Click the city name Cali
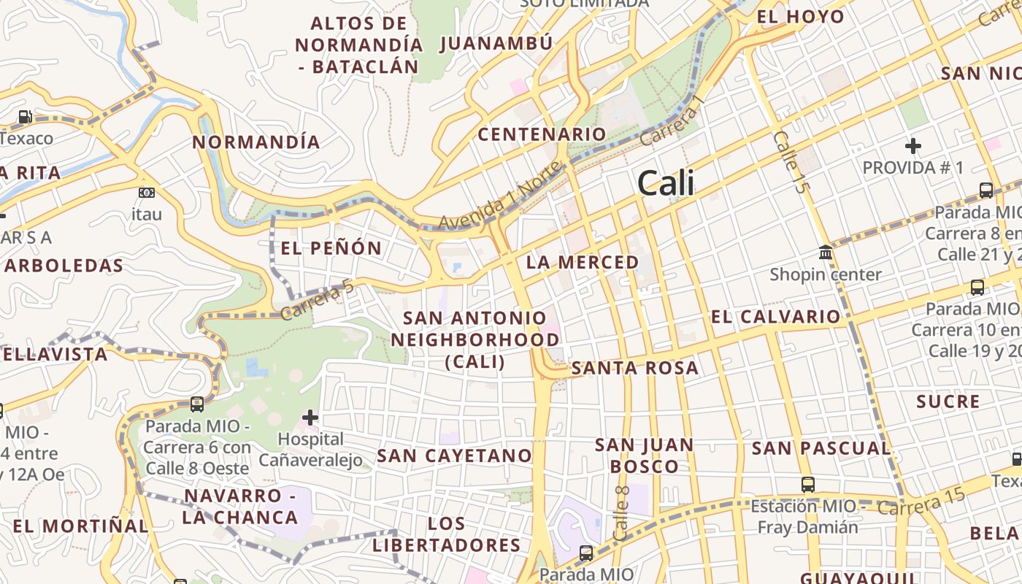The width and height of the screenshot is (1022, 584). click(x=666, y=183)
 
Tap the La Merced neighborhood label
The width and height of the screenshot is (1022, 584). click(x=583, y=262)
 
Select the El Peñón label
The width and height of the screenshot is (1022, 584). click(x=331, y=248)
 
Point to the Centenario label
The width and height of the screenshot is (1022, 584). click(x=542, y=134)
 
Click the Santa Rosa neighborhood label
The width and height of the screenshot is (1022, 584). click(x=634, y=368)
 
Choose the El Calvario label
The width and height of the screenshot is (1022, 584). click(x=776, y=317)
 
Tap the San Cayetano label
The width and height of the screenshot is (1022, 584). click(x=454, y=456)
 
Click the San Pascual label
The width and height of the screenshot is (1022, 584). click(x=821, y=448)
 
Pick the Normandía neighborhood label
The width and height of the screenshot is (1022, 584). click(x=256, y=142)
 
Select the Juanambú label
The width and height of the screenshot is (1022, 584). click(x=496, y=44)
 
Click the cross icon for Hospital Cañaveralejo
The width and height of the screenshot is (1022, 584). click(x=310, y=418)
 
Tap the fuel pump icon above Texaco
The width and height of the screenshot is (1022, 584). click(x=26, y=117)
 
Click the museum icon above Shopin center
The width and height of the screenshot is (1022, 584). click(x=826, y=253)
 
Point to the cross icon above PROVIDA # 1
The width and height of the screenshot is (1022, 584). click(x=912, y=146)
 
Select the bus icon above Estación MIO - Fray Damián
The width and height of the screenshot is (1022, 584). click(x=808, y=484)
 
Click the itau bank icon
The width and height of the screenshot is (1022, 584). click(x=146, y=193)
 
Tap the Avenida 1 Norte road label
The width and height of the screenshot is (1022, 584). click(x=500, y=196)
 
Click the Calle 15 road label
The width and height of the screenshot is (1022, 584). click(x=792, y=162)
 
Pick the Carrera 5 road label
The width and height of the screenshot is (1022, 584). click(x=318, y=301)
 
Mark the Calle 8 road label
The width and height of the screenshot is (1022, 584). click(x=622, y=513)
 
